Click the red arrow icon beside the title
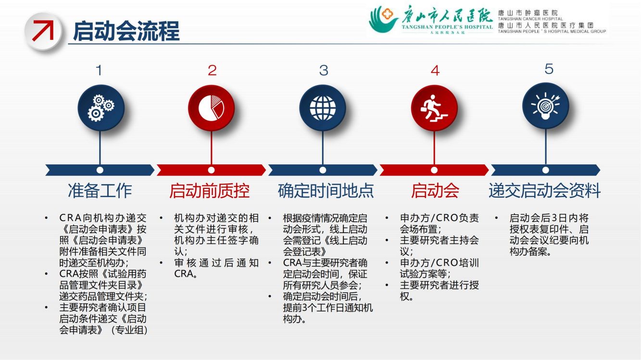[x=43, y=30]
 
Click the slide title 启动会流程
[x=126, y=31]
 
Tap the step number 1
[x=99, y=70]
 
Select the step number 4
[x=435, y=71]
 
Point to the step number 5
[x=549, y=69]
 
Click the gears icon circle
[x=101, y=108]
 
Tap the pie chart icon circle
[x=211, y=108]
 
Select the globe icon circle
[x=323, y=108]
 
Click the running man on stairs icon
[x=434, y=108]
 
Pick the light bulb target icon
[x=545, y=106]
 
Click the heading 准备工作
[x=100, y=191]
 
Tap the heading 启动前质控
[x=210, y=191]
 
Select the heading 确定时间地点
[x=326, y=191]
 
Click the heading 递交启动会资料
[x=544, y=191]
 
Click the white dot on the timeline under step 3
[x=323, y=170]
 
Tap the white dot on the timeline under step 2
[x=211, y=170]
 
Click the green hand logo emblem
[x=383, y=19]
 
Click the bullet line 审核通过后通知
[x=216, y=263]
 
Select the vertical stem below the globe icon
[x=323, y=149]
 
